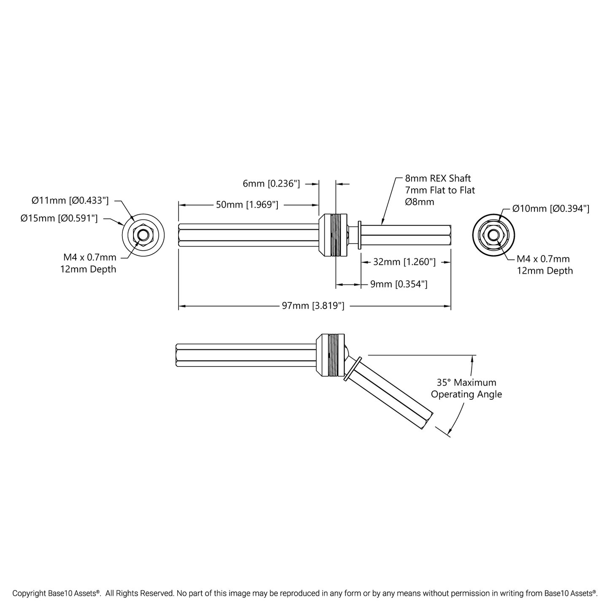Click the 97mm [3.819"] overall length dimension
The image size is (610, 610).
[x=313, y=306]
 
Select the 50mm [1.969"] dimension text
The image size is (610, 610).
[x=247, y=205]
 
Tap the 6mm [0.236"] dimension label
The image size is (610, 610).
[x=271, y=184]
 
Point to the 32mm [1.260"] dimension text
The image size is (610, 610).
[x=404, y=262]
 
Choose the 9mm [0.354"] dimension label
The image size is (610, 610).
[x=399, y=284]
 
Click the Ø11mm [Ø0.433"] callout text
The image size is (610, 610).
[x=70, y=201]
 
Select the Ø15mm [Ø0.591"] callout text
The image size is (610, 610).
[x=59, y=218]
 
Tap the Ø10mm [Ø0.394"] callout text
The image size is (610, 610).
[x=550, y=209]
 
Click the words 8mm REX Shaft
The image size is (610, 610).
[x=438, y=179]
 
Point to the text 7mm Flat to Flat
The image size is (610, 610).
[x=440, y=190]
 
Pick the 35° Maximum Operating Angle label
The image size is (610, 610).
[x=466, y=388]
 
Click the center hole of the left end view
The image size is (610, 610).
[x=144, y=235]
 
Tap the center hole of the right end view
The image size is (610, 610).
[x=493, y=235]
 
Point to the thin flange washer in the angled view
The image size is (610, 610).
[x=352, y=369]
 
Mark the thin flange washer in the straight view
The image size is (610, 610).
[x=359, y=235]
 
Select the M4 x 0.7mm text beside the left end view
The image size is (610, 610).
[x=90, y=258]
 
